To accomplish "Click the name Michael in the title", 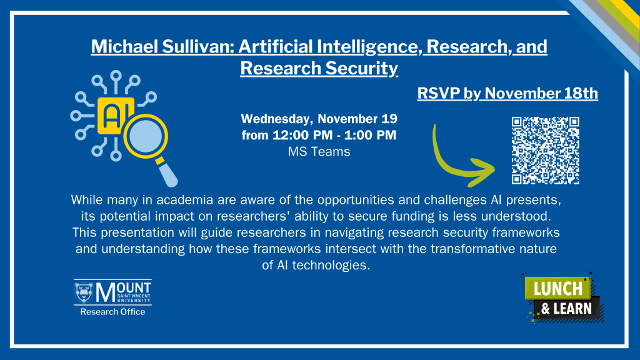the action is [124, 46].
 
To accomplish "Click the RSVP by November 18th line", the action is [507, 93].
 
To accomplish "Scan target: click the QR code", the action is [545, 151].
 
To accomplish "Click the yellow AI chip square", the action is [115, 116].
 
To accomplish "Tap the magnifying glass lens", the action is [146, 136].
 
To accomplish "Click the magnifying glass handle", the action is [167, 174].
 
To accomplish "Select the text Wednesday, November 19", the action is [319, 119].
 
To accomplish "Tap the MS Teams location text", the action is [319, 151].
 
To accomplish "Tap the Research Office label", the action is [112, 312].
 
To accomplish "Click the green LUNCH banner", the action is [557, 288].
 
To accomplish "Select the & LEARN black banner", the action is [567, 309].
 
